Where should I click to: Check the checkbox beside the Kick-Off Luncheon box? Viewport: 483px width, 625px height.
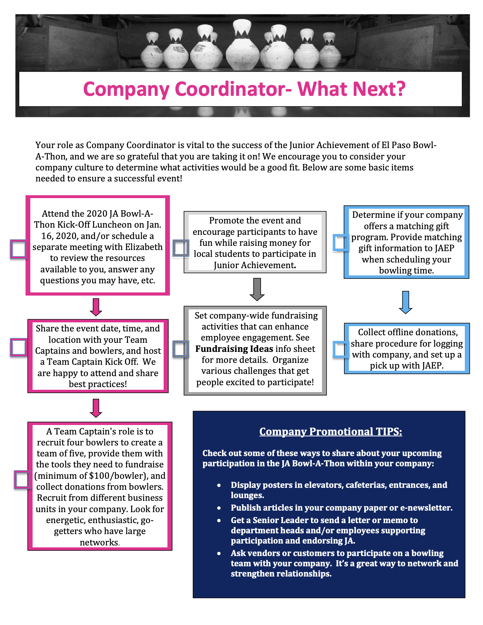click(19, 249)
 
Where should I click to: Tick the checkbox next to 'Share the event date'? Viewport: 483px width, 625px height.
click(19, 347)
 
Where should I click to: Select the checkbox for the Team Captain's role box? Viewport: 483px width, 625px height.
click(23, 480)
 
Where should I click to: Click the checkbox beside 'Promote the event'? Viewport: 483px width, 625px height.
click(181, 248)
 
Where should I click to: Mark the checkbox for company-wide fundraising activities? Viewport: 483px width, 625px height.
click(181, 349)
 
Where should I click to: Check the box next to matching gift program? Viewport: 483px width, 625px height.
click(341, 242)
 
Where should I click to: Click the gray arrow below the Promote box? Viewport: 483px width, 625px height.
click(257, 289)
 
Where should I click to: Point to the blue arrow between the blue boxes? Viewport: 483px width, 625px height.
click(406, 302)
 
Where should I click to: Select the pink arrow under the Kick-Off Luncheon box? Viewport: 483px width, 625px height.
click(96, 307)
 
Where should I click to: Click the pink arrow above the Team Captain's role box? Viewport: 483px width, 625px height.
click(96, 408)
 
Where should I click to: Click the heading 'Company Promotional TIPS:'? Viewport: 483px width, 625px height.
click(331, 431)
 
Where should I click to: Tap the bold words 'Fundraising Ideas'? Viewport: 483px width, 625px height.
click(234, 349)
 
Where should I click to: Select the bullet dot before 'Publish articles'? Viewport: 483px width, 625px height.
click(219, 508)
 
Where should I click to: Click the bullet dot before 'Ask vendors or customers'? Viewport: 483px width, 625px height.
click(219, 553)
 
